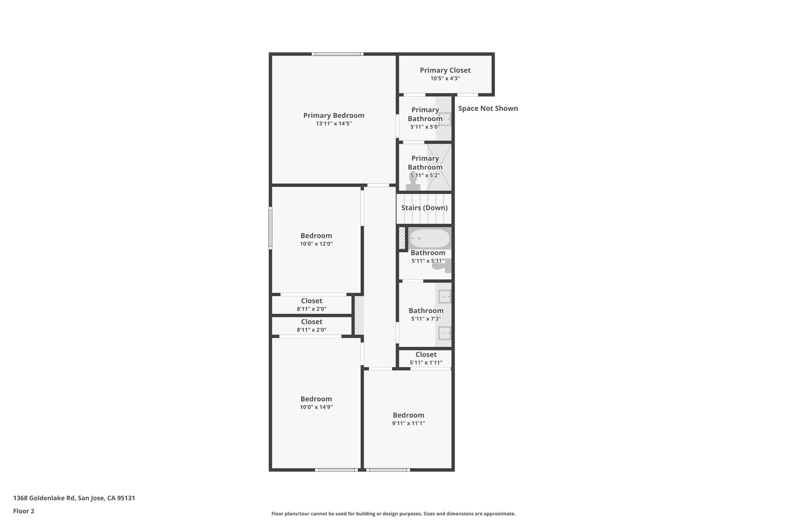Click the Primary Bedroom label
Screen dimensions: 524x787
[x=334, y=116]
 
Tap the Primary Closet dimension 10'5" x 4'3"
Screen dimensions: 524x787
[x=445, y=78]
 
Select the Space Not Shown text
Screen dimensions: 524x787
[x=488, y=109]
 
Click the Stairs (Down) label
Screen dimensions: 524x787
[x=424, y=208]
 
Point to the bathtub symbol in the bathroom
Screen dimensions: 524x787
[x=429, y=238]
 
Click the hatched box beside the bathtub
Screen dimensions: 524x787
[x=402, y=238]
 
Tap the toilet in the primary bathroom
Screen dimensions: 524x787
[x=413, y=182]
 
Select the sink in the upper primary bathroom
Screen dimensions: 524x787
[x=444, y=119]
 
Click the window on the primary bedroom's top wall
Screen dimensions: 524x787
[x=337, y=54]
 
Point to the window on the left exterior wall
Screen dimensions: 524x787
[x=271, y=228]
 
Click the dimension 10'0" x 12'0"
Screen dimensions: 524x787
[x=316, y=244]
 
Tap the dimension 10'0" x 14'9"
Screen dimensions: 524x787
[x=316, y=407]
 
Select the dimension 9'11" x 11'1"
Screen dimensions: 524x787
[x=408, y=423]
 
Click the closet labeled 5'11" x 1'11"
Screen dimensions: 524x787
[x=426, y=359]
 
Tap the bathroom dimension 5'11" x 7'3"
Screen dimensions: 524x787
[x=426, y=319]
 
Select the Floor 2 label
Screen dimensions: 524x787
[x=24, y=511]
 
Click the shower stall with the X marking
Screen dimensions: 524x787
[x=439, y=167]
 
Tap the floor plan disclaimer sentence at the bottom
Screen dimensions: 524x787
[x=393, y=514]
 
